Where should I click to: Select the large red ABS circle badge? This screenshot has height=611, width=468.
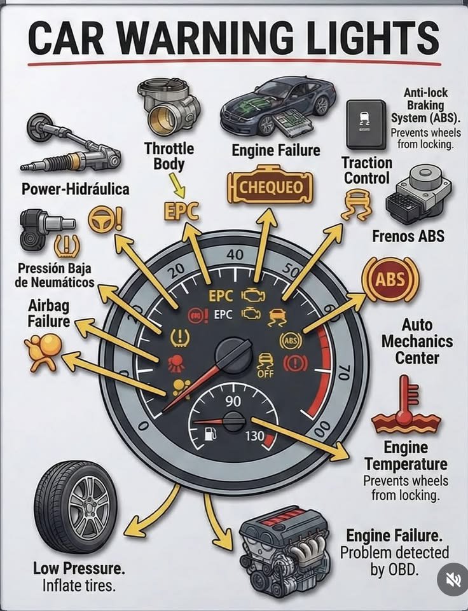pos(391,279)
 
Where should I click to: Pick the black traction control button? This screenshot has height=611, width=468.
pos(366,125)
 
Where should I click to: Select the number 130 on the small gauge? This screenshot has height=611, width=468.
pos(254,436)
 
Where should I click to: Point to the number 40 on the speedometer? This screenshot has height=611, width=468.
pos(235,255)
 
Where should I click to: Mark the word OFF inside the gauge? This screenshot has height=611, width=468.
pos(266,374)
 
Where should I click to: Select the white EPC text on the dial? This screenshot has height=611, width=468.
pos(223,315)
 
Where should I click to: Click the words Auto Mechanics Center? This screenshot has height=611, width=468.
pos(417,341)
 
